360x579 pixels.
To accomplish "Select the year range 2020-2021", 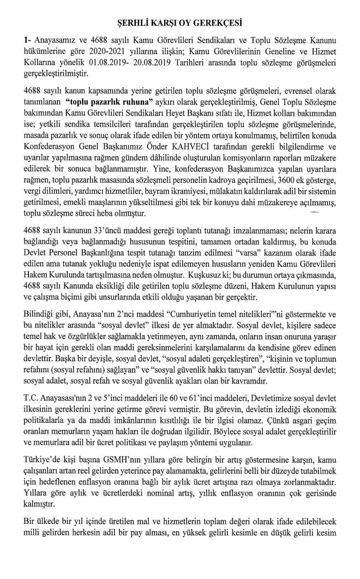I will click(90, 55).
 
